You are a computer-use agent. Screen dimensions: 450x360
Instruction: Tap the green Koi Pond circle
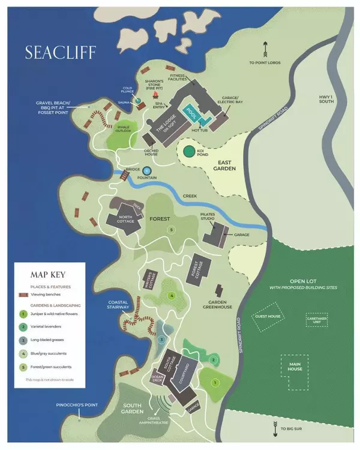(x=190, y=153)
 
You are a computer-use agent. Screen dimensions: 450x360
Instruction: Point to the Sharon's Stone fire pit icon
(x=157, y=95)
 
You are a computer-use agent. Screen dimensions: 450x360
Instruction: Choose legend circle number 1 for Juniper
(x=22, y=313)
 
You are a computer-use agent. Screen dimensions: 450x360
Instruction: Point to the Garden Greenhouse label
(x=220, y=304)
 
